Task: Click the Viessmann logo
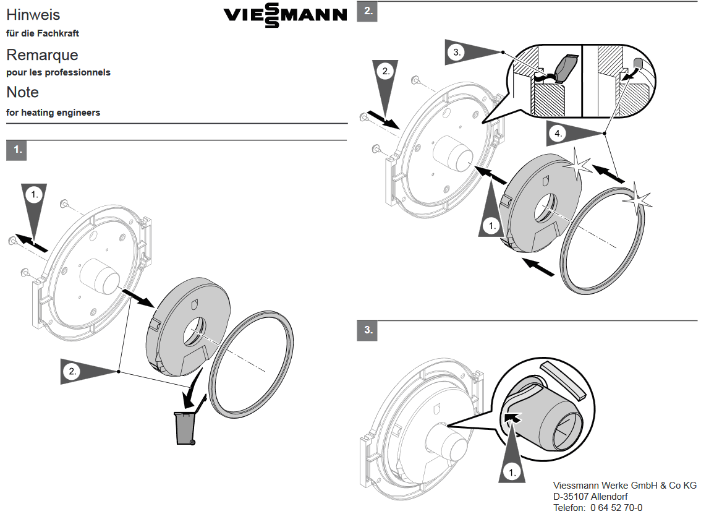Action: coord(285,15)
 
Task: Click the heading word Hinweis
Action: coord(33,15)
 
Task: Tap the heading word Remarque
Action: coord(42,54)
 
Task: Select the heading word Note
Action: coord(22,92)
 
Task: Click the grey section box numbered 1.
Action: coord(17,150)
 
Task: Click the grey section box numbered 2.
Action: coord(367,11)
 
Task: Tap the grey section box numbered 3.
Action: coord(367,330)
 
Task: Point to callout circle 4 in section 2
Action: coord(558,134)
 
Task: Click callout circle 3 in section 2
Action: coord(456,53)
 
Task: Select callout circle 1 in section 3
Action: coord(512,472)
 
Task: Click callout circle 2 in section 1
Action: coord(72,371)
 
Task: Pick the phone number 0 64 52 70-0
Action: coord(616,508)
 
